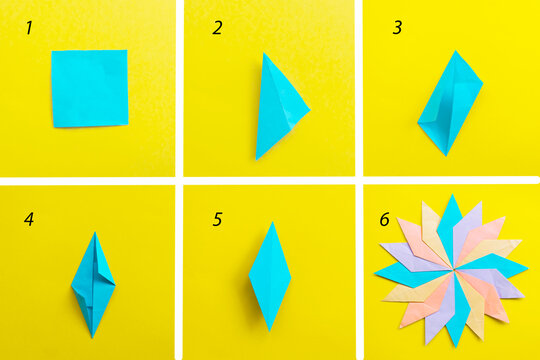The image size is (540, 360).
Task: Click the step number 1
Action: (29, 28)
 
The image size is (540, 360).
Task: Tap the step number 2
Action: (217, 28)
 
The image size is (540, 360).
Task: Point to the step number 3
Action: (397, 28)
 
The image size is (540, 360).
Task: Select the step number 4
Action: (29, 218)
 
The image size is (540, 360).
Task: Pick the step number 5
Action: (217, 218)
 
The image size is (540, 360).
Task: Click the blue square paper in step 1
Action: (90, 88)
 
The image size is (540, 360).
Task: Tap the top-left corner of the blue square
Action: (54, 52)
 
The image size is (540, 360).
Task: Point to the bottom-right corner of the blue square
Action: (128, 125)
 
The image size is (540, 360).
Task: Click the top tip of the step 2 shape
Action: (265, 54)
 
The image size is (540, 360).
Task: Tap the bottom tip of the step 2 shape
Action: (257, 158)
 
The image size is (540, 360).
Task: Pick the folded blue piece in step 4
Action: (93, 284)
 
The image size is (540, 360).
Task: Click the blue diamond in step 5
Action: (269, 276)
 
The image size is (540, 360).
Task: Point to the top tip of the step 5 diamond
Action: (269, 223)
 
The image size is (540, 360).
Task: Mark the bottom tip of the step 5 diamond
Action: (269, 330)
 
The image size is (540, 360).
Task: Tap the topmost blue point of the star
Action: (451, 196)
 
